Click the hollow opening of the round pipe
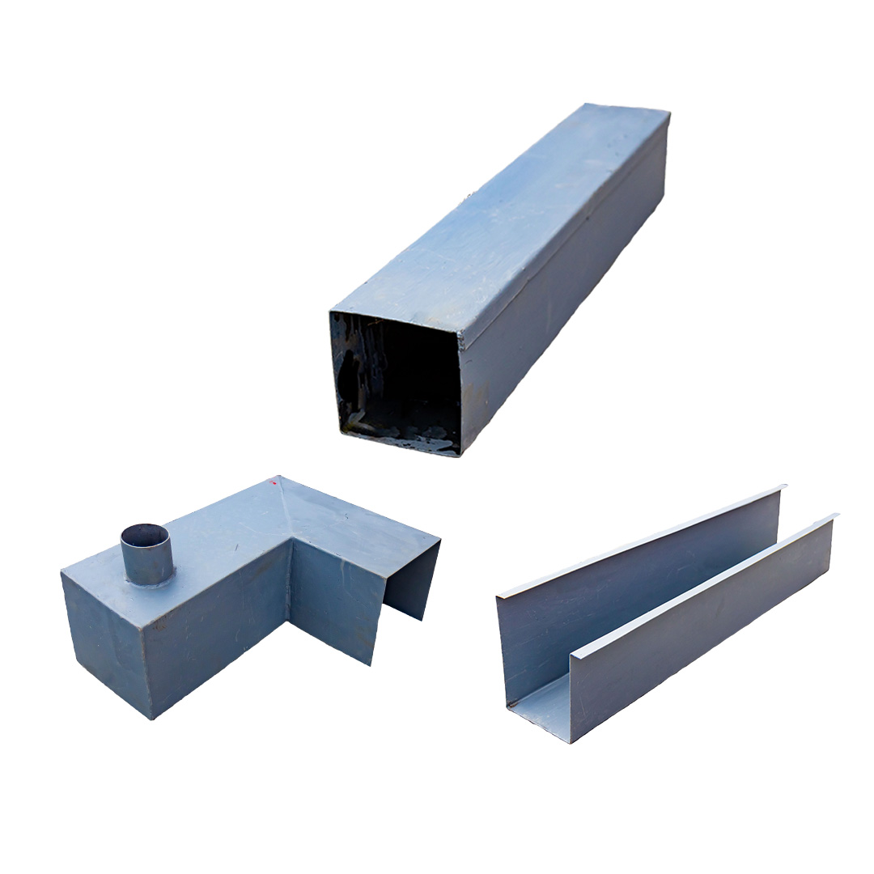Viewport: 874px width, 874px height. [145, 535]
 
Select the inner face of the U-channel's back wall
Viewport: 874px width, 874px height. [631, 599]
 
